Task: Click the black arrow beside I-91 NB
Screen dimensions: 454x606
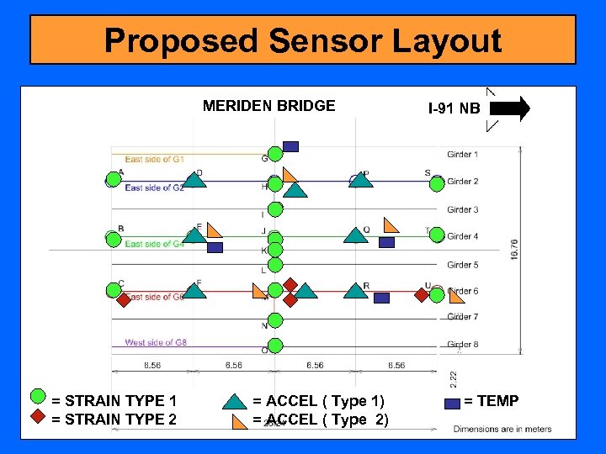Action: pyautogui.click(x=509, y=108)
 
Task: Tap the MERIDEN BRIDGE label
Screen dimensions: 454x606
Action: pyautogui.click(x=268, y=106)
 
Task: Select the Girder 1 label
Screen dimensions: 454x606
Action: pyautogui.click(x=463, y=155)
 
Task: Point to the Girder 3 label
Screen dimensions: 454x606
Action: pyautogui.click(x=463, y=209)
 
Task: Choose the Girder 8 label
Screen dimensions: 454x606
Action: pyautogui.click(x=463, y=344)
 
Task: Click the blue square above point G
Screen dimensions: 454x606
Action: pyautogui.click(x=290, y=146)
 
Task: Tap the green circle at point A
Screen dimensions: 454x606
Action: pyautogui.click(x=113, y=180)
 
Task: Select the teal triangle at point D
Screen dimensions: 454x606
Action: pyautogui.click(x=194, y=177)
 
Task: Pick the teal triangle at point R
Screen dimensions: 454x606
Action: pyautogui.click(x=355, y=291)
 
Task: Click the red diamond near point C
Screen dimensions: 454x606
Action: pyautogui.click(x=124, y=298)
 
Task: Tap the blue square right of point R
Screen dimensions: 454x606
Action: pyautogui.click(x=381, y=298)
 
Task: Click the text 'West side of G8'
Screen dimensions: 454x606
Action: pyautogui.click(x=155, y=342)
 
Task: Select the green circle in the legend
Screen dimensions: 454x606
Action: pyautogui.click(x=38, y=397)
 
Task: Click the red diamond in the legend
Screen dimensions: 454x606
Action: pyautogui.click(x=38, y=416)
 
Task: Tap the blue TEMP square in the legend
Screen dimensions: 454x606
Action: pyautogui.click(x=452, y=403)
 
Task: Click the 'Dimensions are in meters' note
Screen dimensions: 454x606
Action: pyautogui.click(x=502, y=429)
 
